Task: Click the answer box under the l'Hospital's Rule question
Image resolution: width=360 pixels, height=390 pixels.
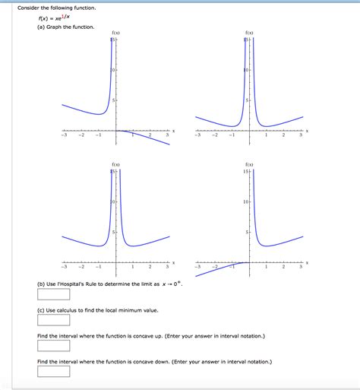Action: [53, 294]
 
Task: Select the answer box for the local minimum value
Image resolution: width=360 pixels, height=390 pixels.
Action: [53, 320]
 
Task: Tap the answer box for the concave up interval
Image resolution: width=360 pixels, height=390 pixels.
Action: [53, 345]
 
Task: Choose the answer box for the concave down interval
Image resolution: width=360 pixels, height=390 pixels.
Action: [53, 371]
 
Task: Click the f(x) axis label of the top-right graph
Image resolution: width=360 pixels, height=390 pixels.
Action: [249, 33]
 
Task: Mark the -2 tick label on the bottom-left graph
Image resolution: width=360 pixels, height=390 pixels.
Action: [81, 267]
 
